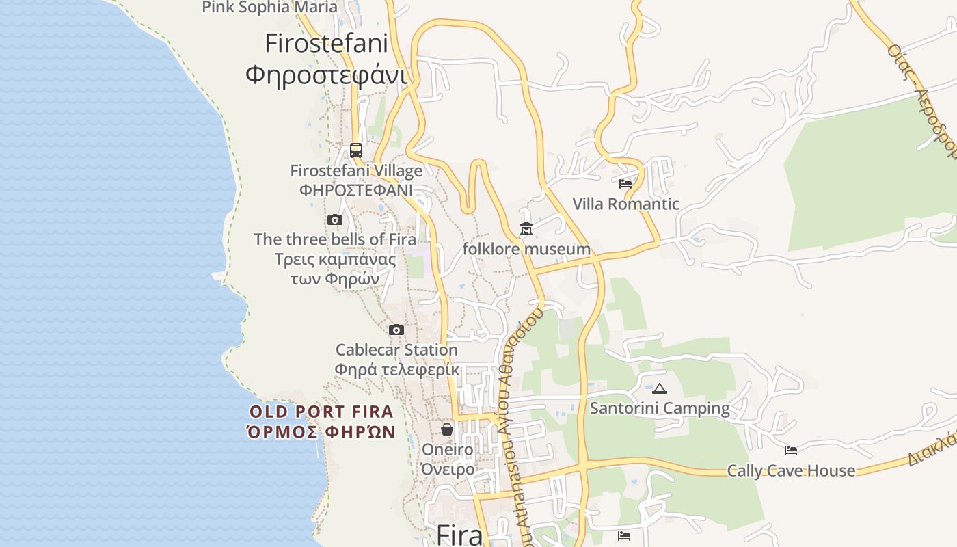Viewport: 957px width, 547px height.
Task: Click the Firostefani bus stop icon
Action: pos(356,150)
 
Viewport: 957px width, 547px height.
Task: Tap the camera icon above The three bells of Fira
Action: pos(334,219)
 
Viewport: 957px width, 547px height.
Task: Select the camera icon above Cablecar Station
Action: pos(396,330)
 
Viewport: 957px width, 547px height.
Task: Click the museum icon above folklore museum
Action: pos(526,229)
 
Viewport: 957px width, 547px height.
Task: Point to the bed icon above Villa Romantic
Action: pos(625,183)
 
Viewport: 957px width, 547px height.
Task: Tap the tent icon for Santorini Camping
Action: pos(659,389)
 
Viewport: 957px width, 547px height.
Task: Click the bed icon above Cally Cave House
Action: pos(790,451)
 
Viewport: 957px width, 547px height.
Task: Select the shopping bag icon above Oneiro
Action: pos(446,429)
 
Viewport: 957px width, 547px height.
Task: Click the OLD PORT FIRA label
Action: pos(321,412)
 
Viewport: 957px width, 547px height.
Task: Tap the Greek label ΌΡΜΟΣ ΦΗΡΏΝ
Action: pos(321,431)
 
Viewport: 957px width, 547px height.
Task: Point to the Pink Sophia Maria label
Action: pos(269,8)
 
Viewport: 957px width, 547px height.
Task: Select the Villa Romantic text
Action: pos(625,204)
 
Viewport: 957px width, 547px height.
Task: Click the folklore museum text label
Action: pos(526,249)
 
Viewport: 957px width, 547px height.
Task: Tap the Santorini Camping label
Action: pos(660,408)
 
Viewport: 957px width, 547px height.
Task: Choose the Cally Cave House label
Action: pos(790,470)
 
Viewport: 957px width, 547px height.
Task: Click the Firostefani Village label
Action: pos(356,170)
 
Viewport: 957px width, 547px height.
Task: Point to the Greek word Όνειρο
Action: pos(448,469)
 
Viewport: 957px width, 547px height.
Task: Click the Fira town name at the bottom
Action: pos(459,535)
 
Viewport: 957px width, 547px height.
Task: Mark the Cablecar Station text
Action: pos(396,350)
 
